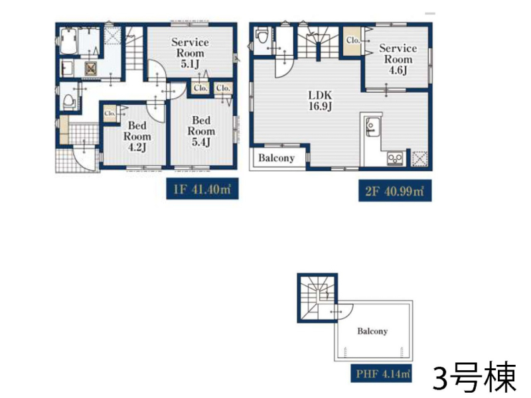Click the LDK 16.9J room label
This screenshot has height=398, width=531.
320,101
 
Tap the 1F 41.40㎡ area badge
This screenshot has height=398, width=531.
202,189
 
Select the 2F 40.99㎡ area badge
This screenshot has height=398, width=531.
395,191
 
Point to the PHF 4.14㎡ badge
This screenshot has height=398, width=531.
381,373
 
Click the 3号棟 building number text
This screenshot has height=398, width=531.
475,376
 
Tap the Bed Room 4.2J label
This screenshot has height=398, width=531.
137,137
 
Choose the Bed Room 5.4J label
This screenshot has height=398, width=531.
201,131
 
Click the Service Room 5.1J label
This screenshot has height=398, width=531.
190,53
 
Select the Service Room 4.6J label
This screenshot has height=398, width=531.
398,59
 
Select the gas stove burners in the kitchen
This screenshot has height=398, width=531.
394,158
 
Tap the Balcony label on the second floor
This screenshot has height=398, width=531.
276,158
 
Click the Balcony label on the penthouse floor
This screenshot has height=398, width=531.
372,331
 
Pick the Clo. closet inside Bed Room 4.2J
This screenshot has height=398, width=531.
110,113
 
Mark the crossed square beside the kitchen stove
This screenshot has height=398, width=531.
420,159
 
